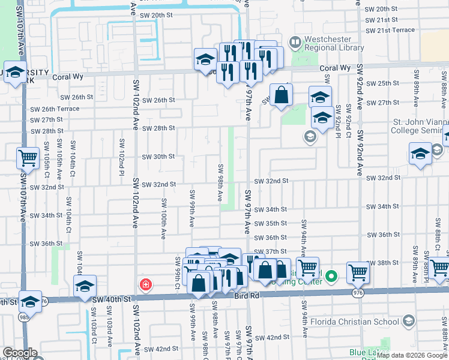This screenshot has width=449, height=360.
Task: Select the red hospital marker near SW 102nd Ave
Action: click(145, 284)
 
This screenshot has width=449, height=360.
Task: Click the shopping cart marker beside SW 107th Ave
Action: click(28, 158)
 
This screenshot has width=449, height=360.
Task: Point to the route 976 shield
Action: click(359, 292)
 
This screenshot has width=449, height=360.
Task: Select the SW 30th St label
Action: click(158, 157)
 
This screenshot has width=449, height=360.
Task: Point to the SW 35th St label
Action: click(271, 223)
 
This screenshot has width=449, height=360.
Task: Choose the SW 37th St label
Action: click(270, 251)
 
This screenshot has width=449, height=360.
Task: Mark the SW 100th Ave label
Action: click(163, 217)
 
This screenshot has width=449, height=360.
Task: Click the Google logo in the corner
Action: click(20, 353)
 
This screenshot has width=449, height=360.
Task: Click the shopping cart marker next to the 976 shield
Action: click(358, 272)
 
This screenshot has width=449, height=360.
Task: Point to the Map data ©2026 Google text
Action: click(413, 355)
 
